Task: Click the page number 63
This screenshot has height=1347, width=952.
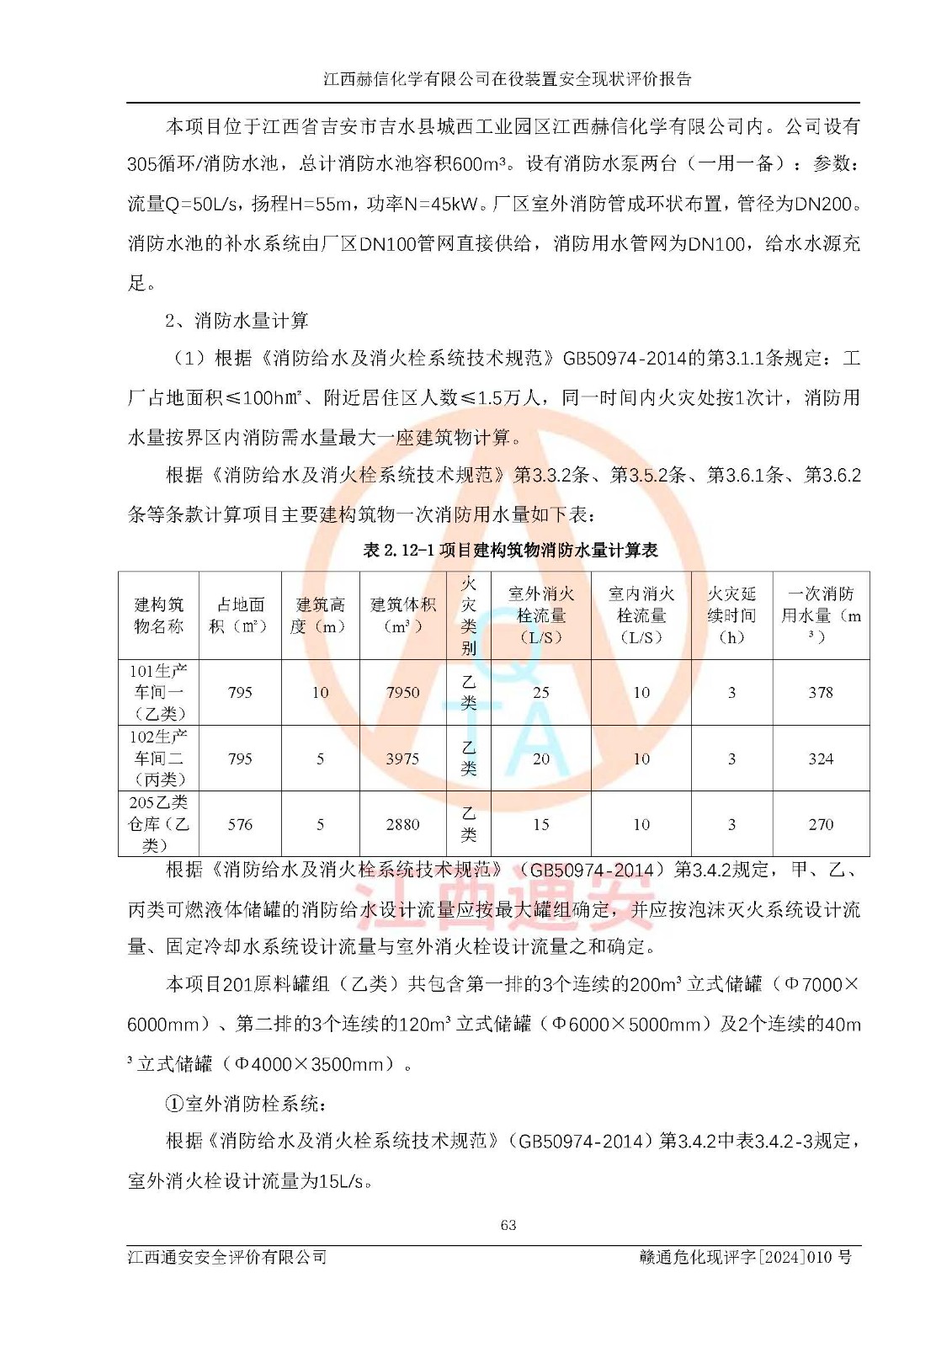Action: point(508,1225)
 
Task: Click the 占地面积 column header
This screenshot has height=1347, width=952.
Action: point(240,615)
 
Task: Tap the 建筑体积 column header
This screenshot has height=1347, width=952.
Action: point(402,615)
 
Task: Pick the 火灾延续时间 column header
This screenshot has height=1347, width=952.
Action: point(731,615)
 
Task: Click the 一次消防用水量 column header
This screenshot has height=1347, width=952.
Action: point(821,615)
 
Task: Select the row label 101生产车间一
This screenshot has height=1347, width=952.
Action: point(158,692)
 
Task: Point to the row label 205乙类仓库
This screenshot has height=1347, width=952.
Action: point(158,824)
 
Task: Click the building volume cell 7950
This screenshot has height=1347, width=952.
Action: point(402,693)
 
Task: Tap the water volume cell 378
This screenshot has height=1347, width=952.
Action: point(821,693)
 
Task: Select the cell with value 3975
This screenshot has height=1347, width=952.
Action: point(402,759)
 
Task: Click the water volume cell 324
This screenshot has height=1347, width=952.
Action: point(821,759)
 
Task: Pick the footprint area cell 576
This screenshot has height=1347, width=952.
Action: point(240,825)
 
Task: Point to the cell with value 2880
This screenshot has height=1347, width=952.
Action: point(402,825)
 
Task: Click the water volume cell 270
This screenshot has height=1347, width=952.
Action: point(821,825)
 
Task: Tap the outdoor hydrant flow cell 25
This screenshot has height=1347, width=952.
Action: point(540,693)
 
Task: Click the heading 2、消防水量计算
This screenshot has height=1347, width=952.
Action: point(237,321)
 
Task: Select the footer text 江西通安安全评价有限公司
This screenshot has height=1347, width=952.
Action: point(227,1257)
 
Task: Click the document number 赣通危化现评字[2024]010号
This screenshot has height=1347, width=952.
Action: point(746,1257)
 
